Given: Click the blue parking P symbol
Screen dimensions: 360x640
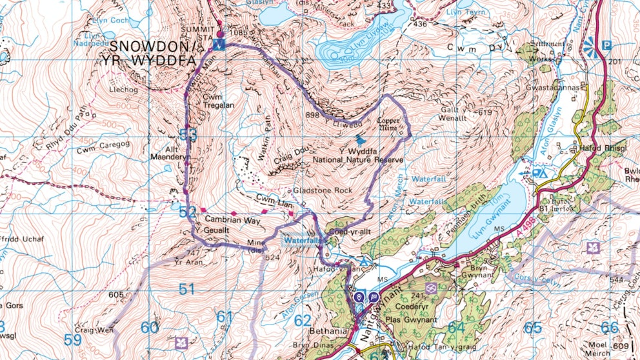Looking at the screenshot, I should [606, 45].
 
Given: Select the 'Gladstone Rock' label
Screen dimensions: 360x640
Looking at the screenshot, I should [323, 192].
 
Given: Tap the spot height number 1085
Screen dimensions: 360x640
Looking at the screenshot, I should [237, 32].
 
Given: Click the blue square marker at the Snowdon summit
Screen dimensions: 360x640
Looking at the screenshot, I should [220, 44].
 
